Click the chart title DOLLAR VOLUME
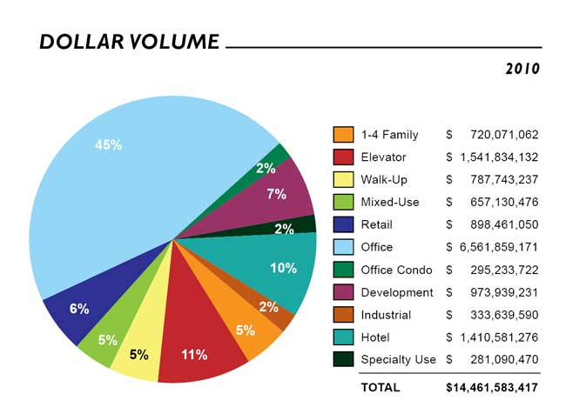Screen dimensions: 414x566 point(129,42)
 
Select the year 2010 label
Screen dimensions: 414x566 point(522,69)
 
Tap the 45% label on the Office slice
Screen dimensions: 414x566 point(108,145)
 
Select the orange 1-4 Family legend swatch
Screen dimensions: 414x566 point(343,135)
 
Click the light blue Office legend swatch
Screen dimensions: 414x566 point(343,247)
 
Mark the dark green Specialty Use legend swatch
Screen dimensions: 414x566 point(343,359)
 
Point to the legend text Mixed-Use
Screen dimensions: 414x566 point(389,203)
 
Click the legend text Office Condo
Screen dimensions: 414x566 point(396,270)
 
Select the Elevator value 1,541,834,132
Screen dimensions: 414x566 point(497,157)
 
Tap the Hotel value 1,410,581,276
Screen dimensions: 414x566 point(497,337)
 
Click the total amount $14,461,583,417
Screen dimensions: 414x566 point(492,387)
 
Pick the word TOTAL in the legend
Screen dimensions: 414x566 point(380,387)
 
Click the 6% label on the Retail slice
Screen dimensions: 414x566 point(78,310)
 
